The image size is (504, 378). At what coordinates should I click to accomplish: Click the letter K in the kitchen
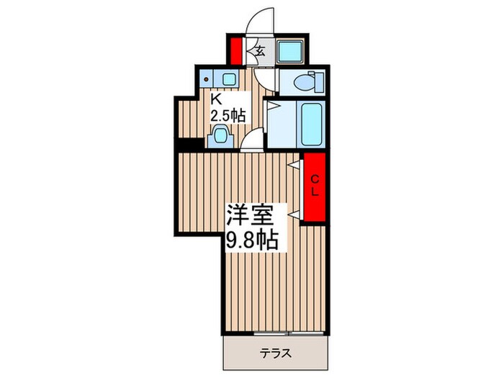coord(215,100)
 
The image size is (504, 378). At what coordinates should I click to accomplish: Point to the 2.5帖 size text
coord(228,115)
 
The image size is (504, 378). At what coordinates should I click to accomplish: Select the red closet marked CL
coord(314,188)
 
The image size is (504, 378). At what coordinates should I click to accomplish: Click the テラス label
coord(274,354)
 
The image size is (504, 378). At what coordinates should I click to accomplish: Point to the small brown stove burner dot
coord(207,79)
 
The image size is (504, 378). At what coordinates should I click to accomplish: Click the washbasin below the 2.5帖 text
coord(220,135)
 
